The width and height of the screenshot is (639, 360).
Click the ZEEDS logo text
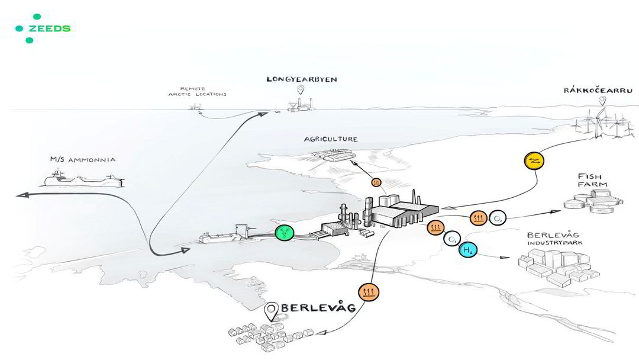click(49, 28)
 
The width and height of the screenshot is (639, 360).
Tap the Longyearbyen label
click(302, 79)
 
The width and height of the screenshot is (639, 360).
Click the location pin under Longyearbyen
click(301, 89)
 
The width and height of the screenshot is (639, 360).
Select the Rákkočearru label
click(598, 90)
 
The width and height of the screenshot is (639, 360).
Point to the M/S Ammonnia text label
click(83, 159)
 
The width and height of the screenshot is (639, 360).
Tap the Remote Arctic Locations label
click(197, 91)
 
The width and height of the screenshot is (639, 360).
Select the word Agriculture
click(331, 139)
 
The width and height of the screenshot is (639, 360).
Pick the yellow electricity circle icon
click(534, 160)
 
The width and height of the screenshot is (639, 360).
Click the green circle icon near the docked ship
click(285, 233)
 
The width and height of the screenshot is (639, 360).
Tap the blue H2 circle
click(468, 249)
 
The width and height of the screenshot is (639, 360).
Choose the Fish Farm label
click(592, 180)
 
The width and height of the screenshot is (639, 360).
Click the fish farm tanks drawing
click(593, 202)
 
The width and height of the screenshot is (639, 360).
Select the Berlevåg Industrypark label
click(554, 239)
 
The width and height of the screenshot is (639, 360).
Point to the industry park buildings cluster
click(559, 268)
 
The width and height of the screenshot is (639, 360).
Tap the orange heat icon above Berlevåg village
click(369, 292)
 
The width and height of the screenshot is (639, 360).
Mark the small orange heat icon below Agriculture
click(376, 182)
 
